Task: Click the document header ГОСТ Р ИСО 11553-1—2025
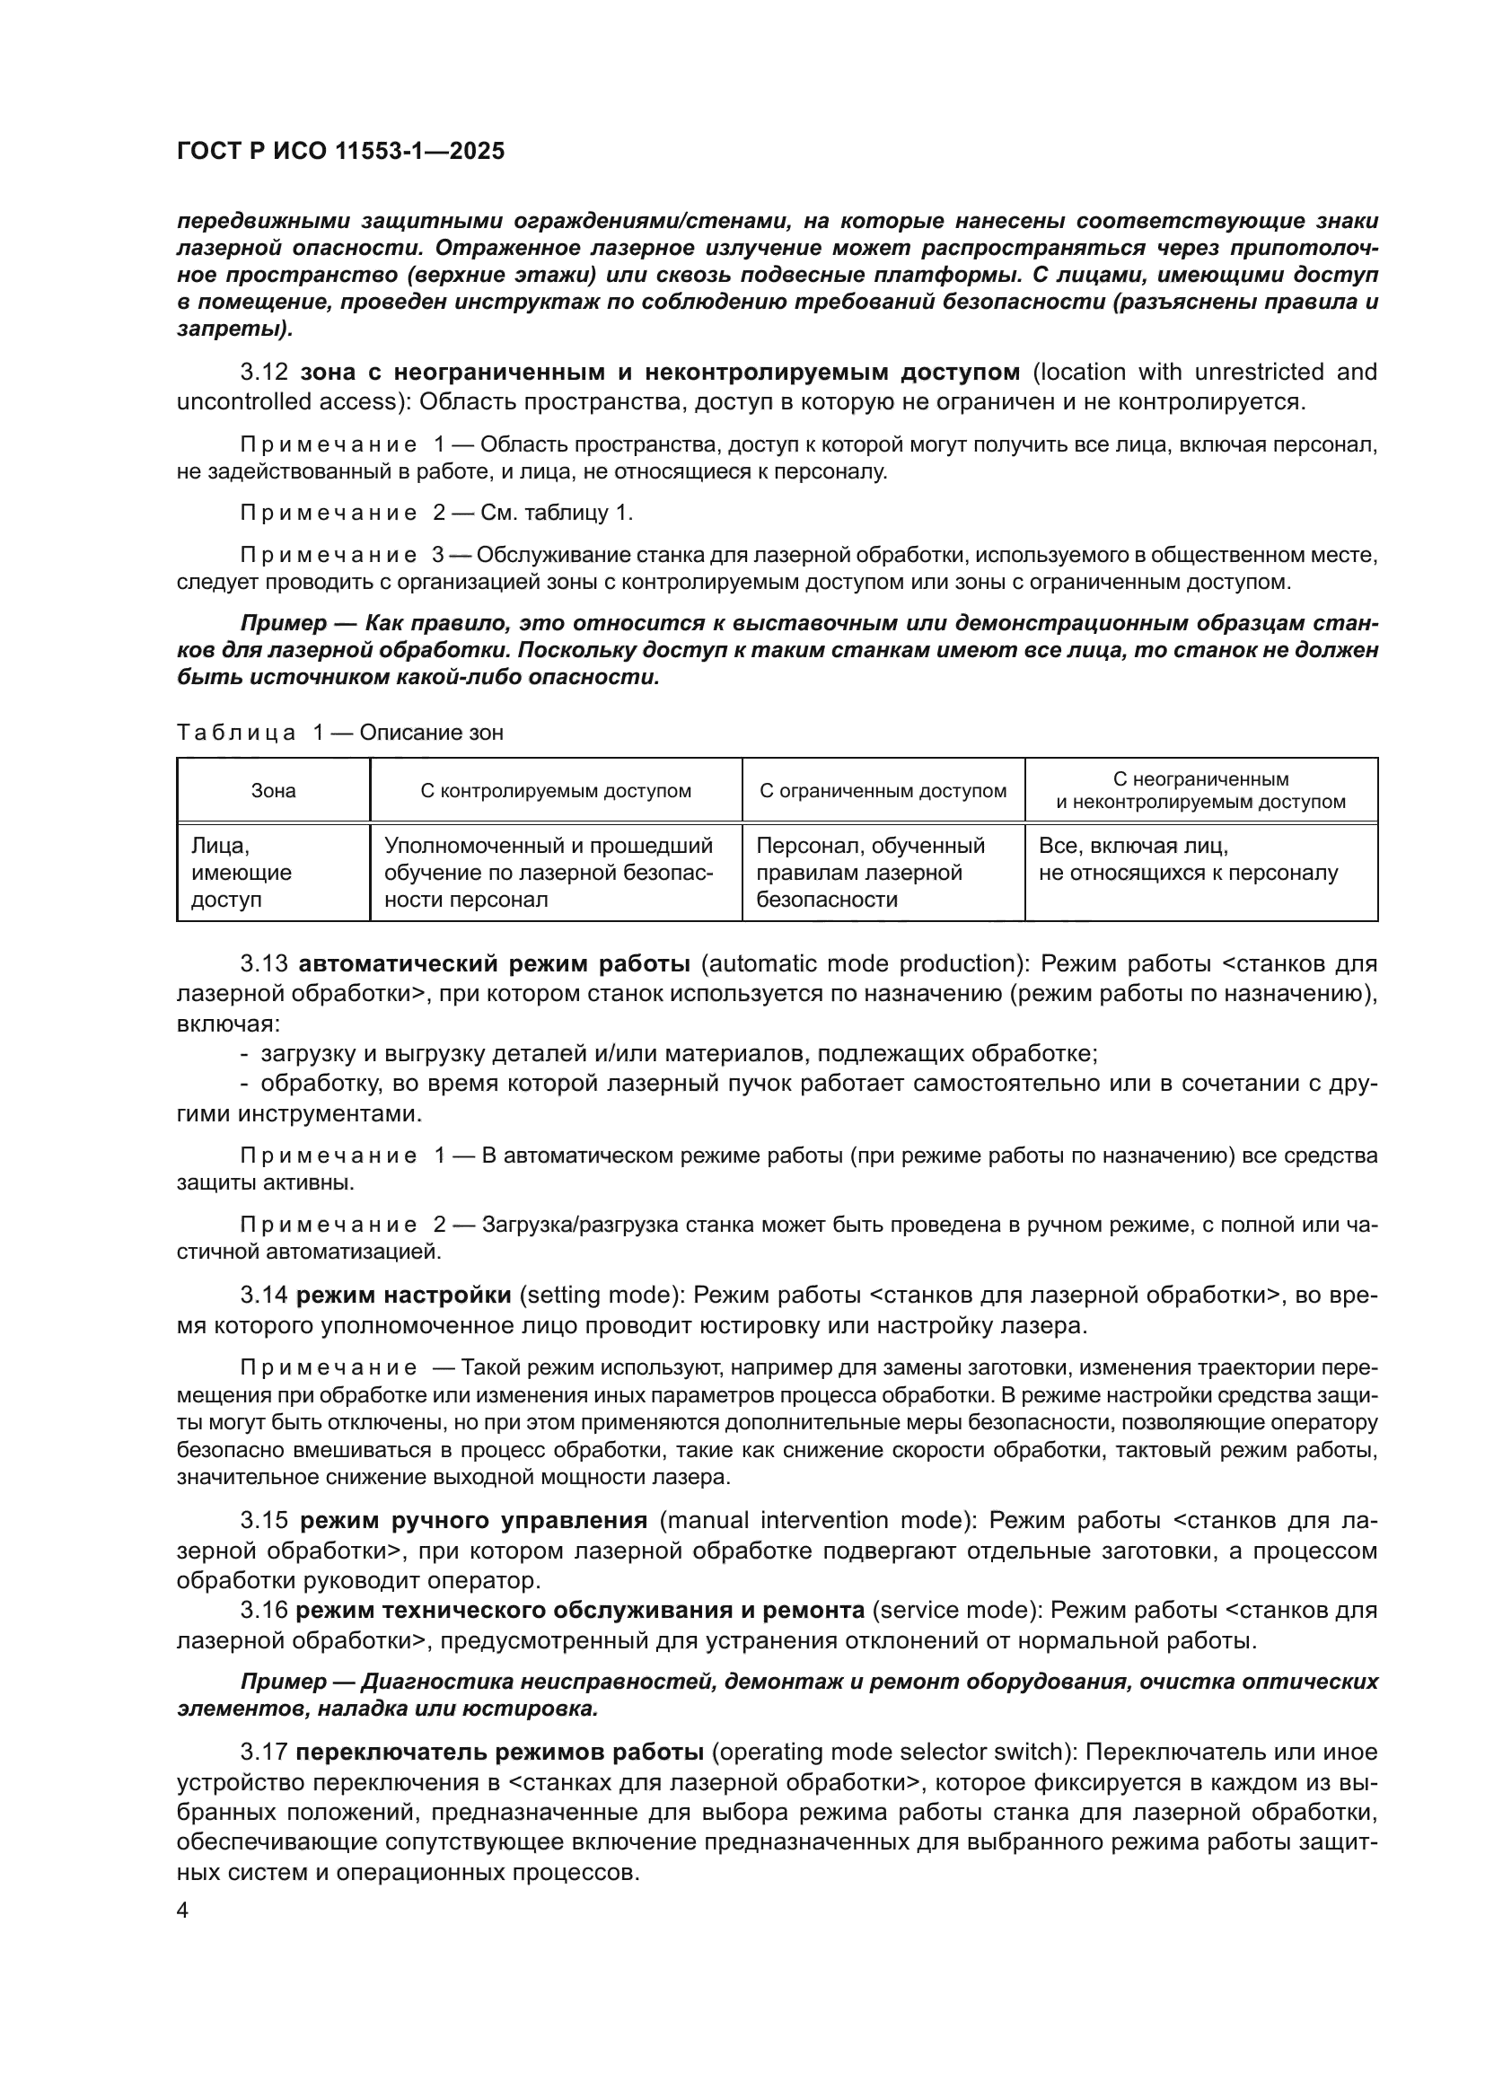point(340,152)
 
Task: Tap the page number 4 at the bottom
point(182,1911)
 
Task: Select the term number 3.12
point(263,373)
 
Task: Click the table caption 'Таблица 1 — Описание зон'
point(339,733)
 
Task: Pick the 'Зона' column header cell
point(274,791)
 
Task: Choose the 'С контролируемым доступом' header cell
point(556,791)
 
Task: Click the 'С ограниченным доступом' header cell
point(883,791)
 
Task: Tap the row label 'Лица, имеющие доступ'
point(242,873)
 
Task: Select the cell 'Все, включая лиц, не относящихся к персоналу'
point(1188,860)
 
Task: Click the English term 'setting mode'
point(602,1296)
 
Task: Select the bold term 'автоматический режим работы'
point(495,964)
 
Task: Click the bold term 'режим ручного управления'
point(474,1520)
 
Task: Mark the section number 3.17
point(263,1753)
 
